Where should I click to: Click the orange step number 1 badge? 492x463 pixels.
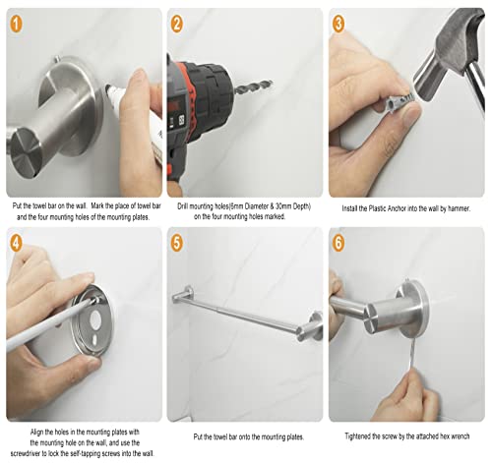16,24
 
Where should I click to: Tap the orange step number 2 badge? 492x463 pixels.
176,24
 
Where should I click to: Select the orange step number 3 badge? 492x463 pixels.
338,24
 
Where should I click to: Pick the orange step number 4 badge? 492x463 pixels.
16,243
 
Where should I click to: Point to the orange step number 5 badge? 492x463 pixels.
176,243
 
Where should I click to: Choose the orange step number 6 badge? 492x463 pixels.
338,243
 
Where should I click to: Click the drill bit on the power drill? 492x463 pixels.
254,87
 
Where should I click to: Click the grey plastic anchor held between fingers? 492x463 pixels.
400,99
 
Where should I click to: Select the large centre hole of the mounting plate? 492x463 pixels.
95,319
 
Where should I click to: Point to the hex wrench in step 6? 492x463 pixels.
410,355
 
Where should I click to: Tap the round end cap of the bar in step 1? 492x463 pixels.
26,149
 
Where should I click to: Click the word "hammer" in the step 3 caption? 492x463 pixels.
459,208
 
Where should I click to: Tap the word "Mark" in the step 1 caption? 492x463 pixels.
97,205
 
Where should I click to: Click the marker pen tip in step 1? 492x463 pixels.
108,88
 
